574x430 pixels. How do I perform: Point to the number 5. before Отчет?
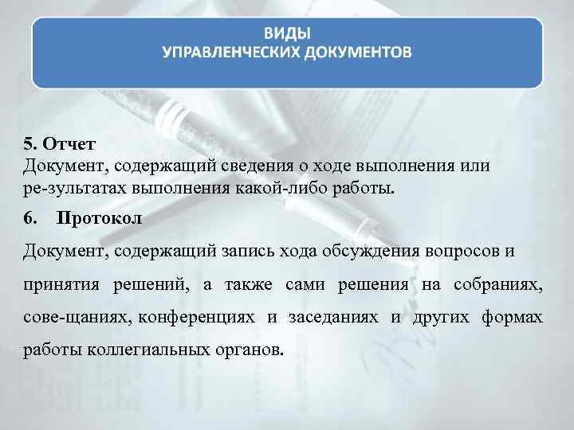pos(29,144)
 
